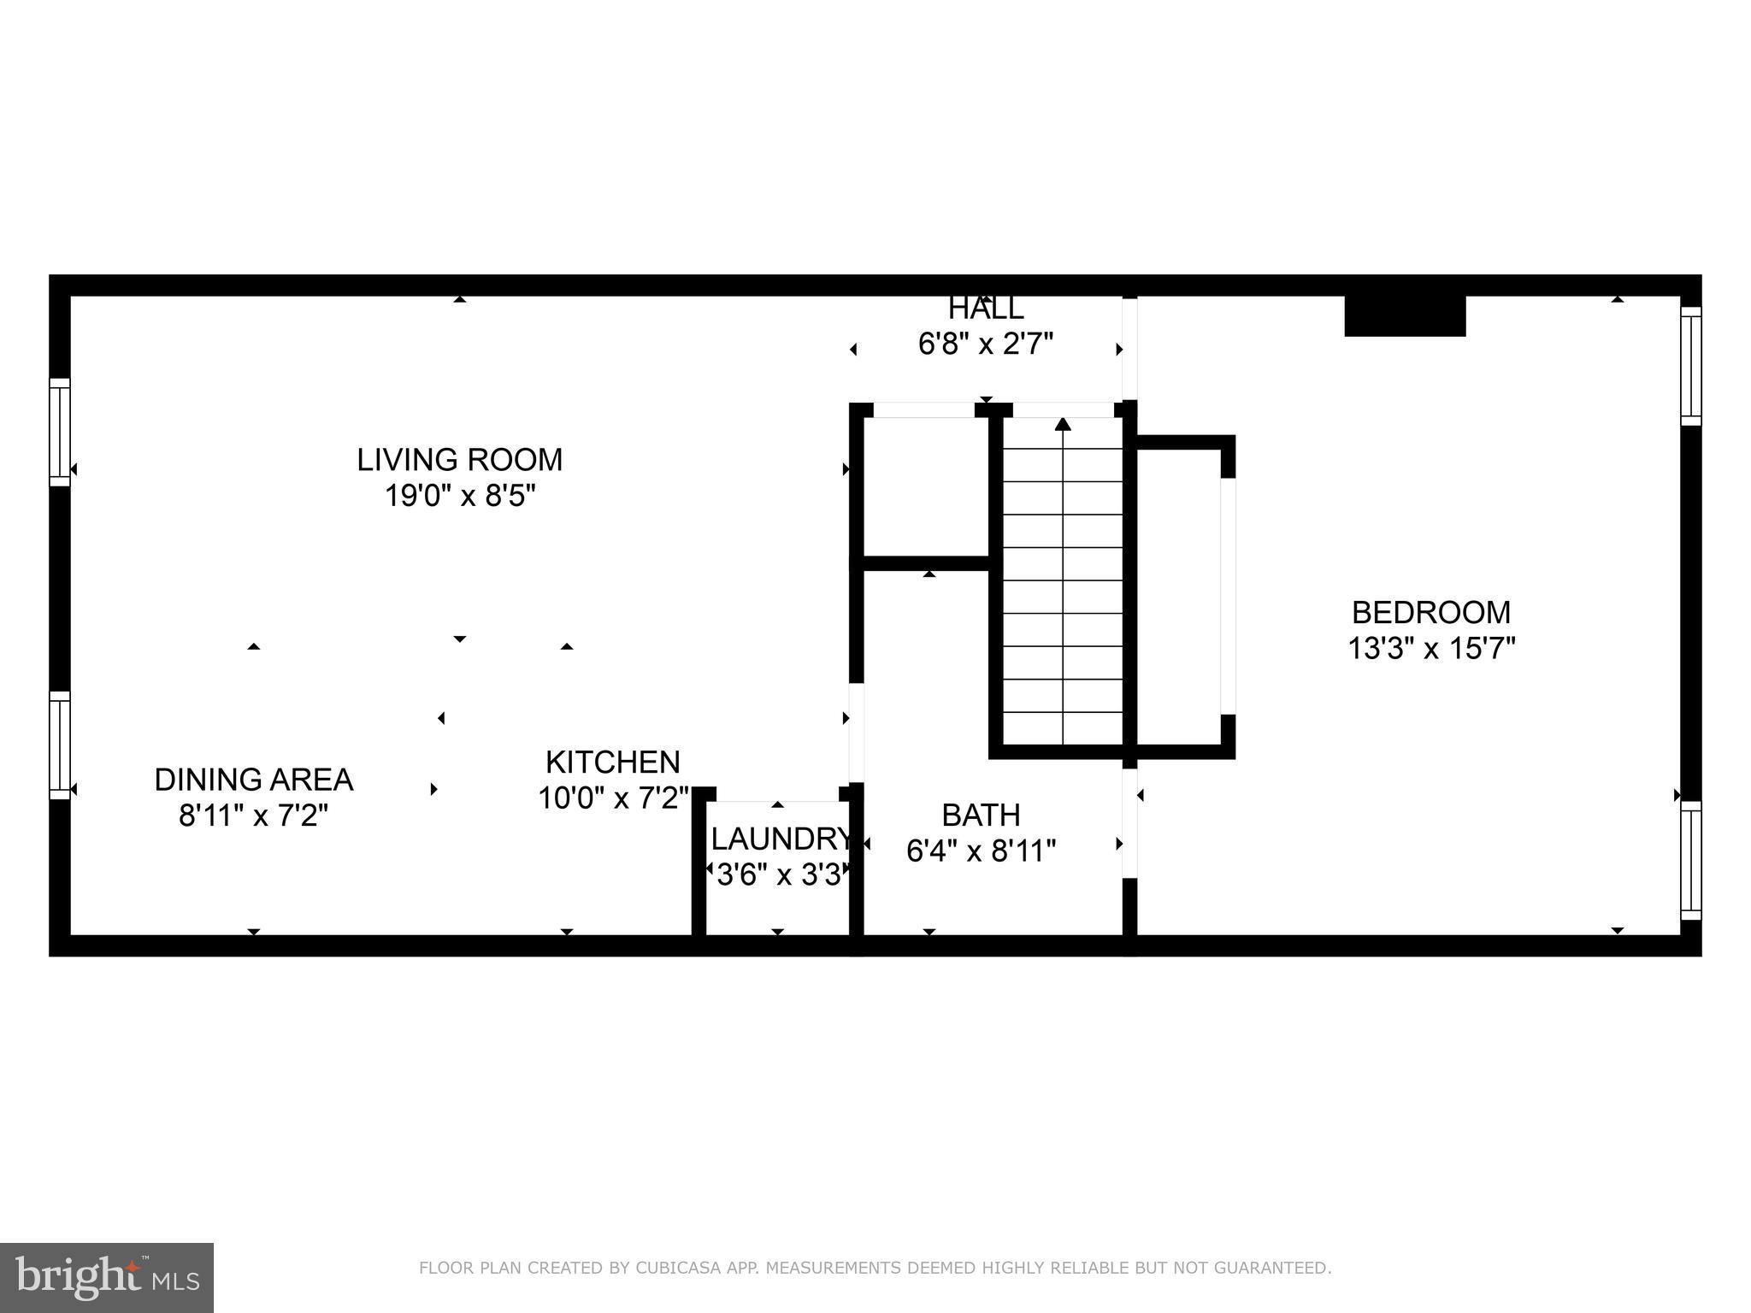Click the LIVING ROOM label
pos(459,460)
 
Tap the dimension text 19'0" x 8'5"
pos(459,496)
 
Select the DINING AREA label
pos(253,780)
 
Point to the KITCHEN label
pos(612,762)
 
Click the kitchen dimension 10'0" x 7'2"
pos(612,798)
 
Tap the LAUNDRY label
pos(780,839)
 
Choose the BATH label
pos(981,815)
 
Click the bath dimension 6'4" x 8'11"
pos(981,851)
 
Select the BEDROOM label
pos(1430,613)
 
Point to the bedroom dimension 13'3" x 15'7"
pos(1430,649)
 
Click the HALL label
pos(985,309)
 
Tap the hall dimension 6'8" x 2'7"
pos(985,344)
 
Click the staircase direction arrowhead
pos(1063,424)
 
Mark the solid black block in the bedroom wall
pos(1405,316)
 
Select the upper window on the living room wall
pos(59,433)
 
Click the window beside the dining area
pos(59,745)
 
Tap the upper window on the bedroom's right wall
pos(1690,366)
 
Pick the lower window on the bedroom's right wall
pos(1690,860)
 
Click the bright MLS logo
pos(107,1277)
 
